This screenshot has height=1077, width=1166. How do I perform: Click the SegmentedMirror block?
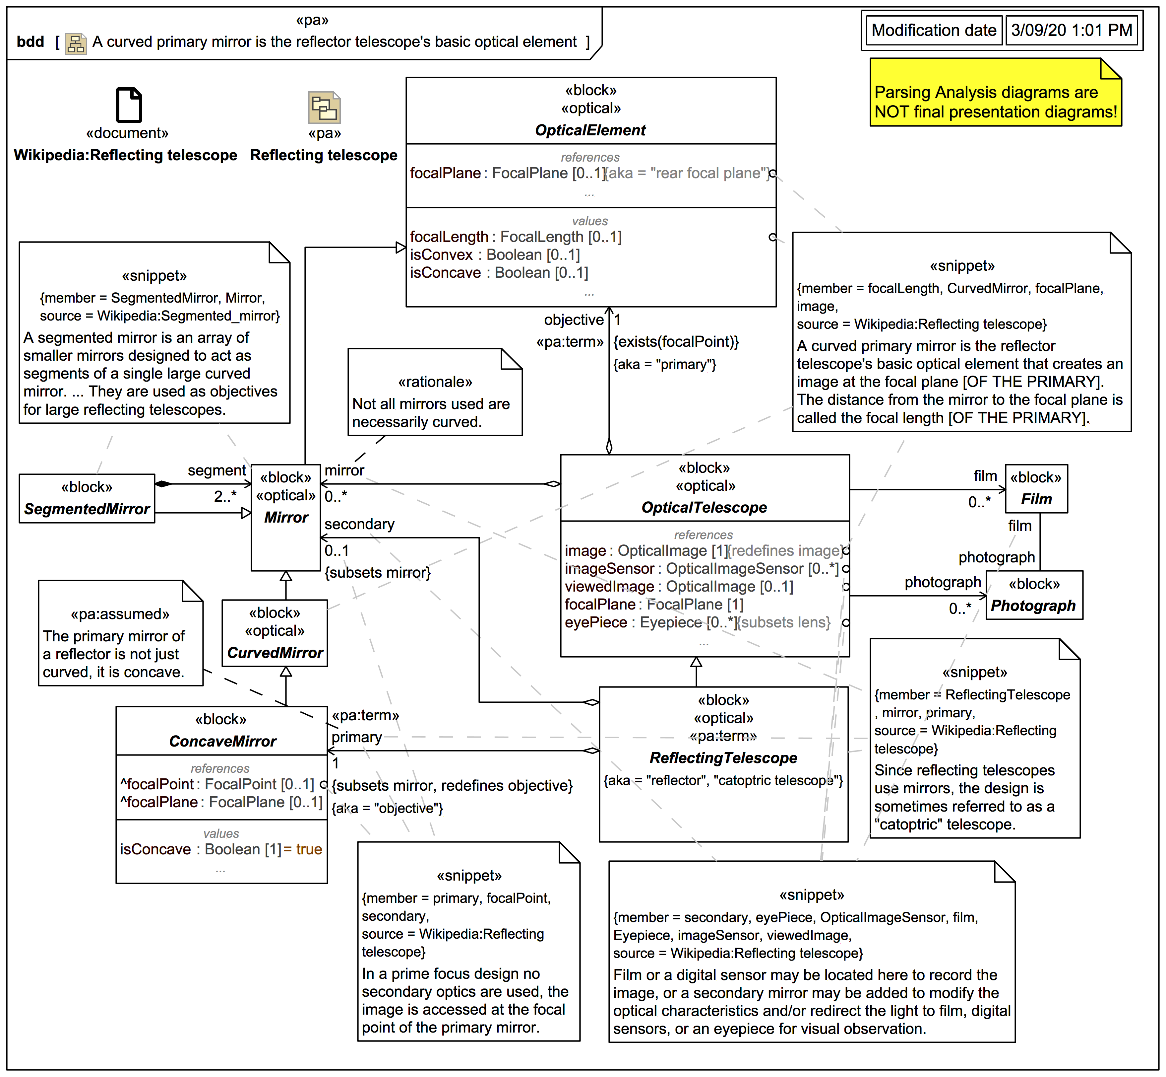[x=87, y=499]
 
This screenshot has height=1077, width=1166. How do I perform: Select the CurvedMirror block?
[x=275, y=633]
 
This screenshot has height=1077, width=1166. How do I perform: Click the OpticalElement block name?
[x=590, y=130]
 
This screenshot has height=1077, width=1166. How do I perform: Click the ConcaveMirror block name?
[x=222, y=741]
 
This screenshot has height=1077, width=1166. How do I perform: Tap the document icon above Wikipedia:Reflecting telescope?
[x=129, y=105]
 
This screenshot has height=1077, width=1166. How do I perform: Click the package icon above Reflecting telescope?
[x=324, y=107]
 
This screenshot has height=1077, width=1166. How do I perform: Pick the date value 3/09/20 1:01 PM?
[x=1071, y=30]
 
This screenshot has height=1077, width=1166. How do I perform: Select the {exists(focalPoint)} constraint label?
[x=676, y=342]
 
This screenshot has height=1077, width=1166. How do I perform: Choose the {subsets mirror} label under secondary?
[x=377, y=573]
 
